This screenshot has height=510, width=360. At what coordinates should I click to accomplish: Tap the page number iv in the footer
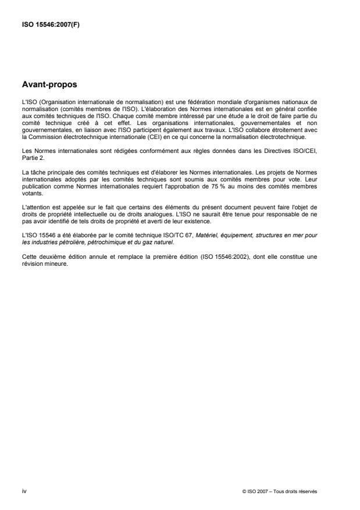coord(23,491)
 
